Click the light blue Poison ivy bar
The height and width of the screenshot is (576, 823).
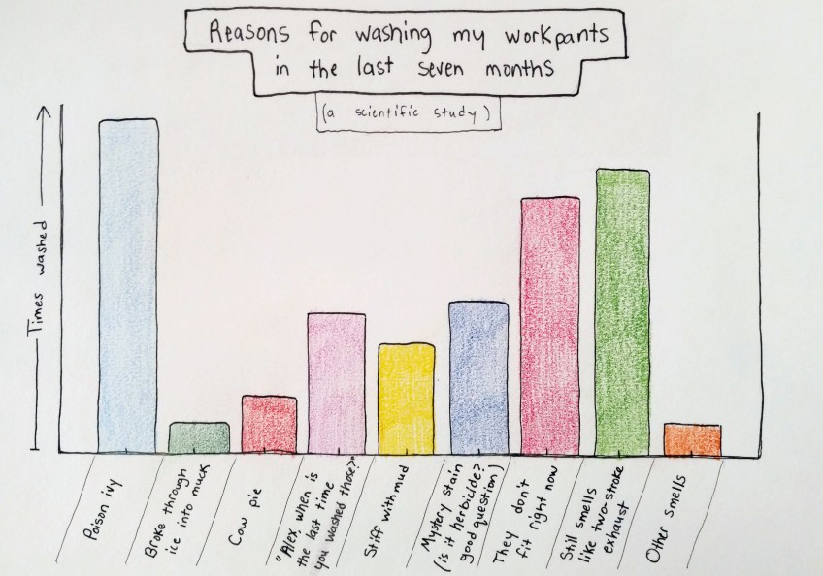128,286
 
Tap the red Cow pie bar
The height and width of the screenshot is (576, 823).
269,424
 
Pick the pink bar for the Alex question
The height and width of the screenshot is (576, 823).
336,382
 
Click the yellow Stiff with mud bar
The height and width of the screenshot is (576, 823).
406,398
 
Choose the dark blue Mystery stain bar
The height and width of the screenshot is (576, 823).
478,376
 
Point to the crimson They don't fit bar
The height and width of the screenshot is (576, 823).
550,325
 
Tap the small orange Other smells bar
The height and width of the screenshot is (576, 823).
692,440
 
